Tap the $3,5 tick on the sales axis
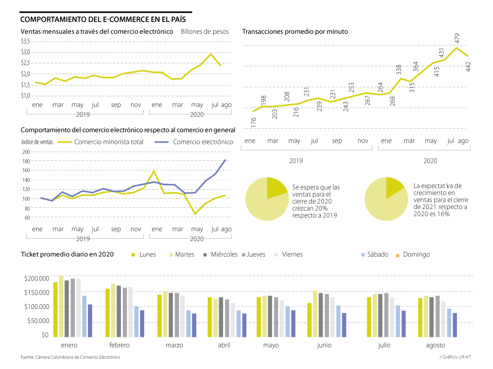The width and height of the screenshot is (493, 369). (25, 41)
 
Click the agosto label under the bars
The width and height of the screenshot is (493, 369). (435, 346)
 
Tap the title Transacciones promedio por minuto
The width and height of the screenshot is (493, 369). (295, 31)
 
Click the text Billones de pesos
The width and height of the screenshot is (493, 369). (204, 31)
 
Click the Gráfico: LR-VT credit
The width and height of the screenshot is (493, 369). (455, 357)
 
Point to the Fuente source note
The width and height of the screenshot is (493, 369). (70, 357)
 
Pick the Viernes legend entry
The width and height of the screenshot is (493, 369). (292, 255)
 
